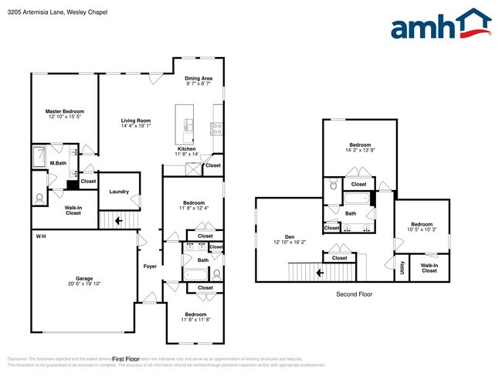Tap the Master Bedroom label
pyautogui.click(x=64, y=111)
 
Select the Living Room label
pyautogui.click(x=135, y=121)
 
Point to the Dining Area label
pyautogui.click(x=198, y=78)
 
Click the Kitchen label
pyautogui.click(x=186, y=148)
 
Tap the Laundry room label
pyautogui.click(x=119, y=192)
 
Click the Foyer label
pyautogui.click(x=150, y=267)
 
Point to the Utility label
pyautogui.click(x=402, y=268)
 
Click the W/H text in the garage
pyautogui.click(x=40, y=236)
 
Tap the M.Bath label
pyautogui.click(x=57, y=163)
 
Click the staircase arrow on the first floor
pyautogui.click(x=118, y=221)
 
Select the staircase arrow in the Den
pyautogui.click(x=319, y=272)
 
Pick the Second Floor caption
pyautogui.click(x=354, y=294)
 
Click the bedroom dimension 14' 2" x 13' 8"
pyautogui.click(x=360, y=150)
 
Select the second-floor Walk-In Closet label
pyautogui.click(x=429, y=268)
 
